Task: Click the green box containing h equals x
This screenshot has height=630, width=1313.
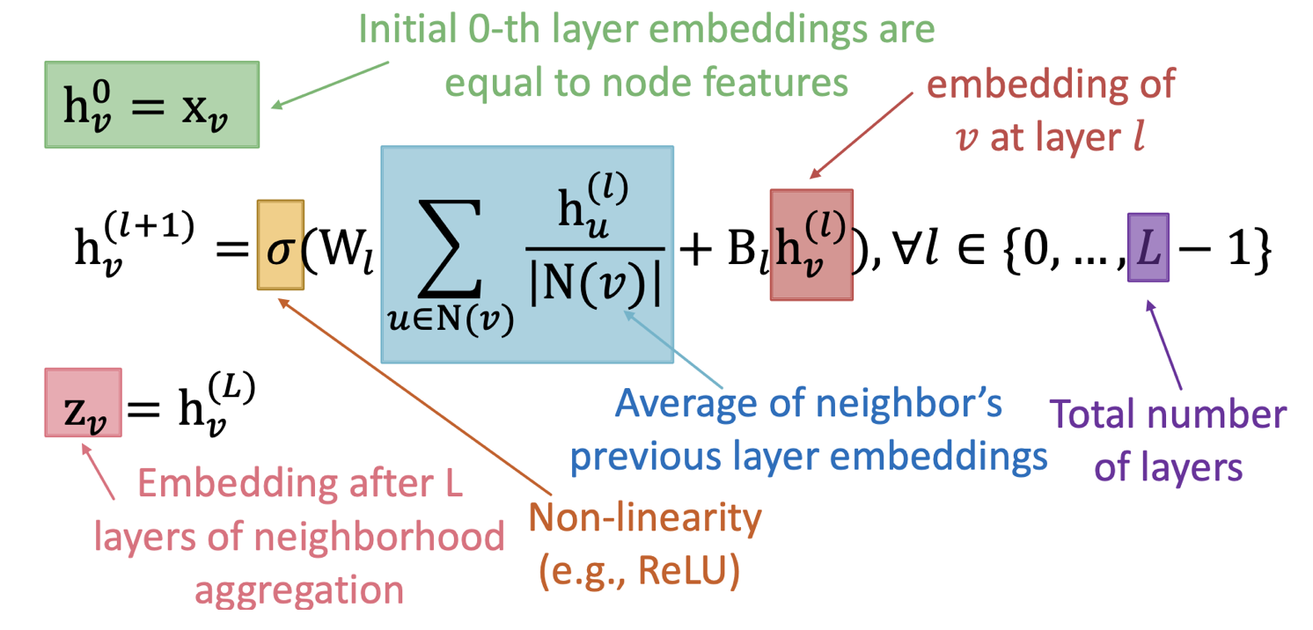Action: click(x=151, y=104)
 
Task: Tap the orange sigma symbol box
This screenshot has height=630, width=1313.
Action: click(x=280, y=245)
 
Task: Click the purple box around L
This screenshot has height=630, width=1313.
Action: click(x=1148, y=247)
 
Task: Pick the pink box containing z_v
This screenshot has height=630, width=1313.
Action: click(x=83, y=402)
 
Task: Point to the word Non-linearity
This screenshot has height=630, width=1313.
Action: click(x=643, y=519)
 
